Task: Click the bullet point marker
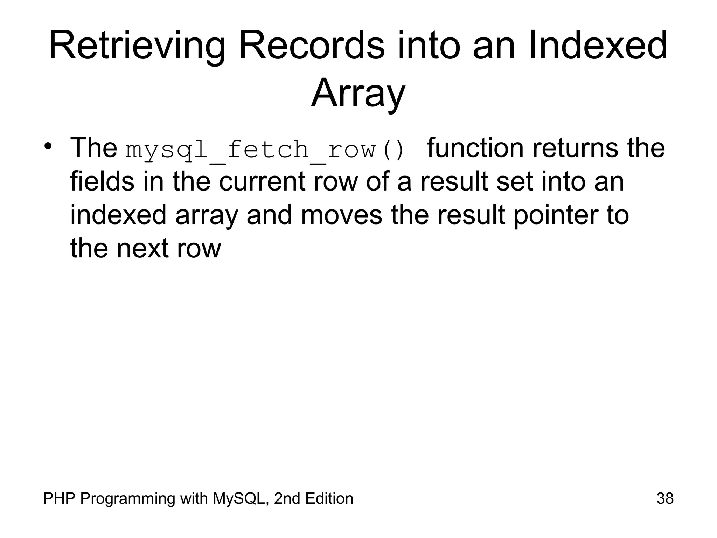[x=49, y=146]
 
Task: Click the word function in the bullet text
[x=475, y=148]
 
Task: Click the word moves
[x=341, y=215]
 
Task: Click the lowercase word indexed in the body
[x=118, y=215]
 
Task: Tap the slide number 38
[x=665, y=498]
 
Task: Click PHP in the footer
[x=59, y=498]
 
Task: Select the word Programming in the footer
[x=127, y=498]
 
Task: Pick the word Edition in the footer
[x=329, y=498]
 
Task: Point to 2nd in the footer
[x=287, y=498]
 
